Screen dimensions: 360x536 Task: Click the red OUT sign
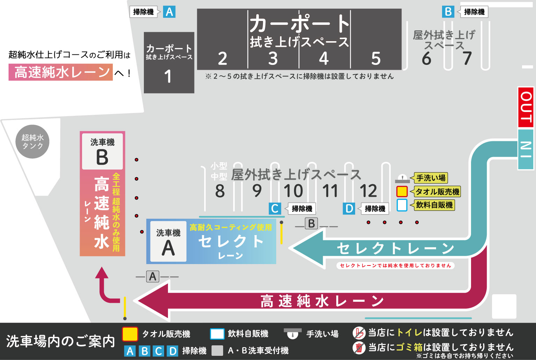click(x=526, y=107)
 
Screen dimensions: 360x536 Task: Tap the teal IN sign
click(x=526, y=149)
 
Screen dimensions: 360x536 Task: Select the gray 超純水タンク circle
click(x=32, y=142)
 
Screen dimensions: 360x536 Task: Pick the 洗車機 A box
click(x=168, y=241)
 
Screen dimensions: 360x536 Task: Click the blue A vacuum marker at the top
click(x=169, y=12)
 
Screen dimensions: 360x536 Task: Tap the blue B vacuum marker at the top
click(x=448, y=12)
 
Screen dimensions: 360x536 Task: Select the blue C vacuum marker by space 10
click(x=275, y=209)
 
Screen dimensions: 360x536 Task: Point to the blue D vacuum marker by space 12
click(x=349, y=209)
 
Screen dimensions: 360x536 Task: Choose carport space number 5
click(x=376, y=59)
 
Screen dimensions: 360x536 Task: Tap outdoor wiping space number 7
click(x=467, y=58)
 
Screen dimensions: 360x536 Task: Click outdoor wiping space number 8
click(x=220, y=191)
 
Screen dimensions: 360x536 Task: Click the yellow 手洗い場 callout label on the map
click(x=431, y=178)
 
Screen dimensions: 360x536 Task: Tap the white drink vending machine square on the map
click(x=402, y=205)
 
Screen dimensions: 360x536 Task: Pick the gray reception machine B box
click(x=311, y=223)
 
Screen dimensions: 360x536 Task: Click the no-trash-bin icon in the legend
click(x=359, y=347)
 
